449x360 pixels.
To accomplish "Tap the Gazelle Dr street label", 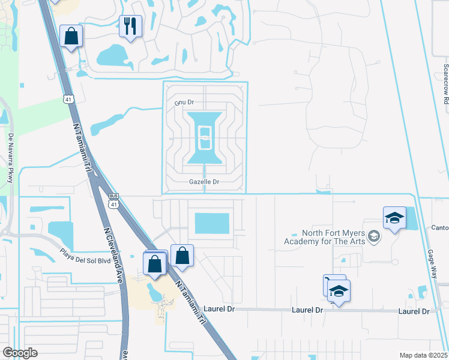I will [x=205, y=181].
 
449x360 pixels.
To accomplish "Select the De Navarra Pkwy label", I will [x=10, y=158].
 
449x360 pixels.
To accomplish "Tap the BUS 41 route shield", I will [x=113, y=200].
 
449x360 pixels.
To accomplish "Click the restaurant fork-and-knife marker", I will [x=130, y=26].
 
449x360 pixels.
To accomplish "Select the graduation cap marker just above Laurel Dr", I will [x=339, y=292].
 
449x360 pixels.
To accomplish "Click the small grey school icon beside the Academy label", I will [x=374, y=236].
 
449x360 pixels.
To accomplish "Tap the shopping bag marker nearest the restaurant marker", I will [x=71, y=36].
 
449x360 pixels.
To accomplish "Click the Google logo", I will [x=20, y=353].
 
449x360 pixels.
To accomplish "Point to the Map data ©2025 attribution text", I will [x=424, y=355].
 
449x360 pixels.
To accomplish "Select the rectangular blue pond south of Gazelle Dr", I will [x=212, y=223].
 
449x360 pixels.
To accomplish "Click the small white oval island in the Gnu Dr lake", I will [x=205, y=139].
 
